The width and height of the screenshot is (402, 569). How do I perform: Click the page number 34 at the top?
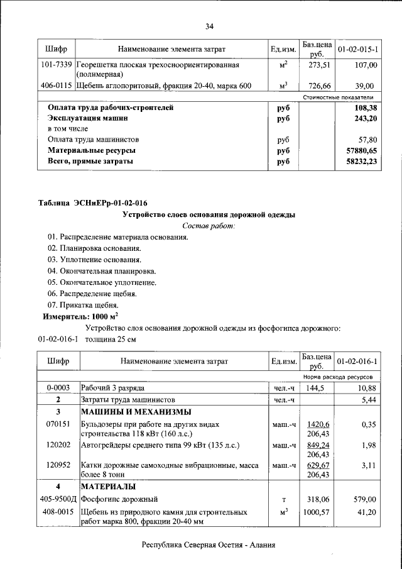tap(209, 26)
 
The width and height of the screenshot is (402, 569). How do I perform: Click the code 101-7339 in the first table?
tap(55, 65)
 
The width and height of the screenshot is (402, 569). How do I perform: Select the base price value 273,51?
tap(317, 65)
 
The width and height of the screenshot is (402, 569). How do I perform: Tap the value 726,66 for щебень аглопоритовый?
tap(317, 86)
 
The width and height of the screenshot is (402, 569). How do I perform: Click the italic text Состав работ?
tap(208, 226)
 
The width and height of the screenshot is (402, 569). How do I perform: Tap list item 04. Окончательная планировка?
tap(101, 271)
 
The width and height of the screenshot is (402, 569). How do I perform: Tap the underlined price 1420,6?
tap(318, 424)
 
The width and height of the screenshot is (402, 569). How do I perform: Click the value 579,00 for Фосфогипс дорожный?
tap(364, 499)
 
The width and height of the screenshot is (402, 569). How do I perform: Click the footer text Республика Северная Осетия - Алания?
tap(209, 546)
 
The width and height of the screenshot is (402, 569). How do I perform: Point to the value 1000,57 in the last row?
tap(317, 512)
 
